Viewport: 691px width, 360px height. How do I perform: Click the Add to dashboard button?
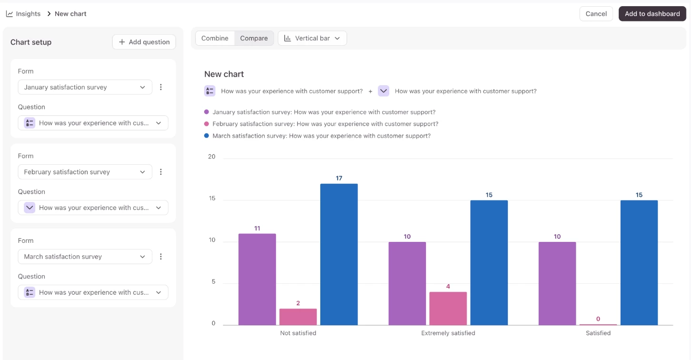tap(652, 14)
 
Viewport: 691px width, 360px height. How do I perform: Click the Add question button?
tap(144, 42)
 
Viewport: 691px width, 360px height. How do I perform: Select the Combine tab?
tap(215, 38)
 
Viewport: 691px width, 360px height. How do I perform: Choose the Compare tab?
tap(254, 38)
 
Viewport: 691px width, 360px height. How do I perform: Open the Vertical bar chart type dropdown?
tap(312, 38)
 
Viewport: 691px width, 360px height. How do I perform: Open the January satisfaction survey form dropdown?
tap(85, 87)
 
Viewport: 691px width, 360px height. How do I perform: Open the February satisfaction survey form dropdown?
tap(85, 171)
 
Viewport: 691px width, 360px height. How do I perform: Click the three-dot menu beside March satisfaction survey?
tap(161, 257)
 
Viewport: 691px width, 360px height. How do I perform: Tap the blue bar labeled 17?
tap(339, 254)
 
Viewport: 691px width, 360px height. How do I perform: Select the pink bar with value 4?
tap(448, 309)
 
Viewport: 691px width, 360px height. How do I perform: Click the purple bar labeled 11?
tap(257, 280)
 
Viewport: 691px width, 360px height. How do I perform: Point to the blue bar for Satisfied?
tap(639, 263)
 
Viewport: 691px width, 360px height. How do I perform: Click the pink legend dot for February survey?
tap(207, 124)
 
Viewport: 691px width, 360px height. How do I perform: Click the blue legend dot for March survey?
tap(207, 136)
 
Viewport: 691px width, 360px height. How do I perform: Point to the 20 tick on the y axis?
tap(212, 157)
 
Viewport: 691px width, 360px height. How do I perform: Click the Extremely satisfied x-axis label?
tap(448, 333)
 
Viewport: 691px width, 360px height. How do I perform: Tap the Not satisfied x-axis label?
tap(298, 333)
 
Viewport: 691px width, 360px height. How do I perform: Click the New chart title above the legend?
tap(224, 74)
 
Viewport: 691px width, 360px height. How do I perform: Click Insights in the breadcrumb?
tap(28, 14)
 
